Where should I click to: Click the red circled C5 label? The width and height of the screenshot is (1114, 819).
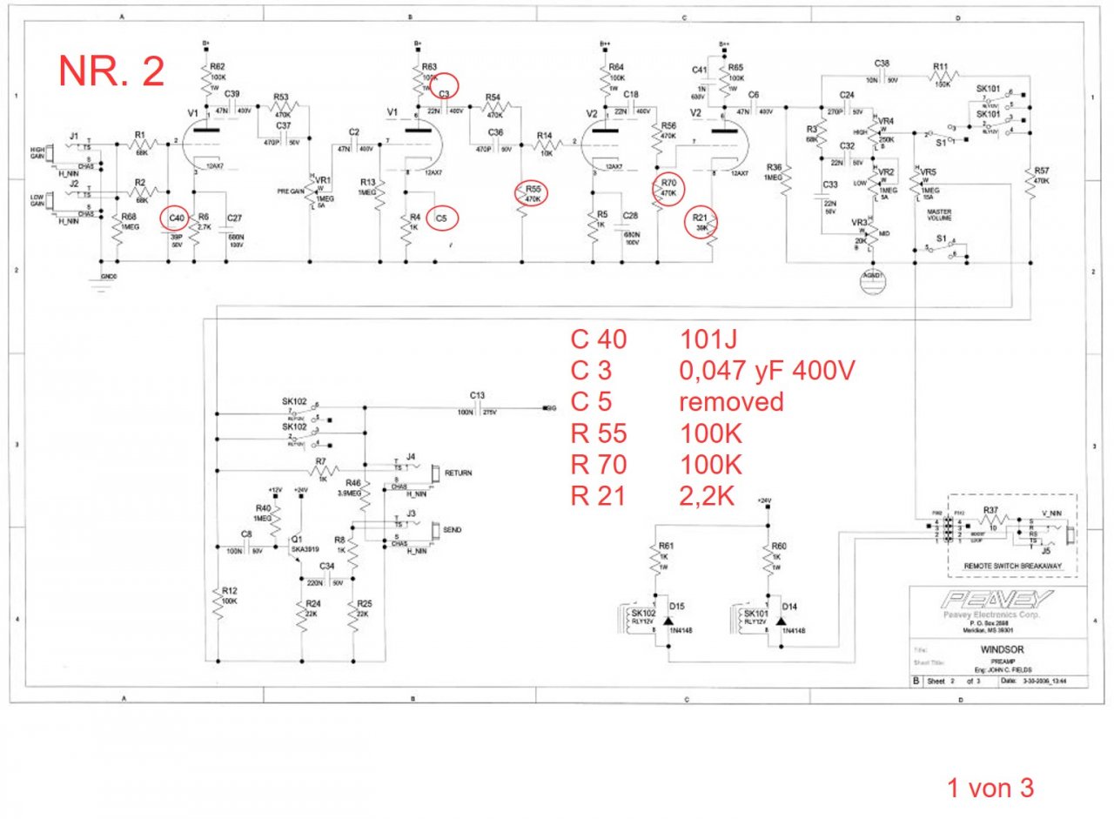tap(443, 217)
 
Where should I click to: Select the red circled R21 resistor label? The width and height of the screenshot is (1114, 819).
tap(700, 222)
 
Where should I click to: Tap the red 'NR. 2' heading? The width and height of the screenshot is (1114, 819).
tap(111, 70)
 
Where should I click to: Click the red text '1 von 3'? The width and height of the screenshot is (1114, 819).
tap(990, 789)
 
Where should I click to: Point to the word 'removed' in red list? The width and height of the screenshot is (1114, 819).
tap(730, 401)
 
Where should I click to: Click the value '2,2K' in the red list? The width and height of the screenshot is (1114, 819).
tap(707, 496)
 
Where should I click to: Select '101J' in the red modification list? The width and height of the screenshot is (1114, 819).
tap(710, 339)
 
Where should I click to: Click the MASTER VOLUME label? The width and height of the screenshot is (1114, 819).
tap(939, 216)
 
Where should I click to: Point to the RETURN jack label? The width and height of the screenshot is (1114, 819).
tap(458, 473)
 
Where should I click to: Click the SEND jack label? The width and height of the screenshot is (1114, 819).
tap(453, 529)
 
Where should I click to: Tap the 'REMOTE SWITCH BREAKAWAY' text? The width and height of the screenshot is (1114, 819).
tap(1011, 566)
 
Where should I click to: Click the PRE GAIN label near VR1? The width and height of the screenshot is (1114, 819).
tap(290, 190)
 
